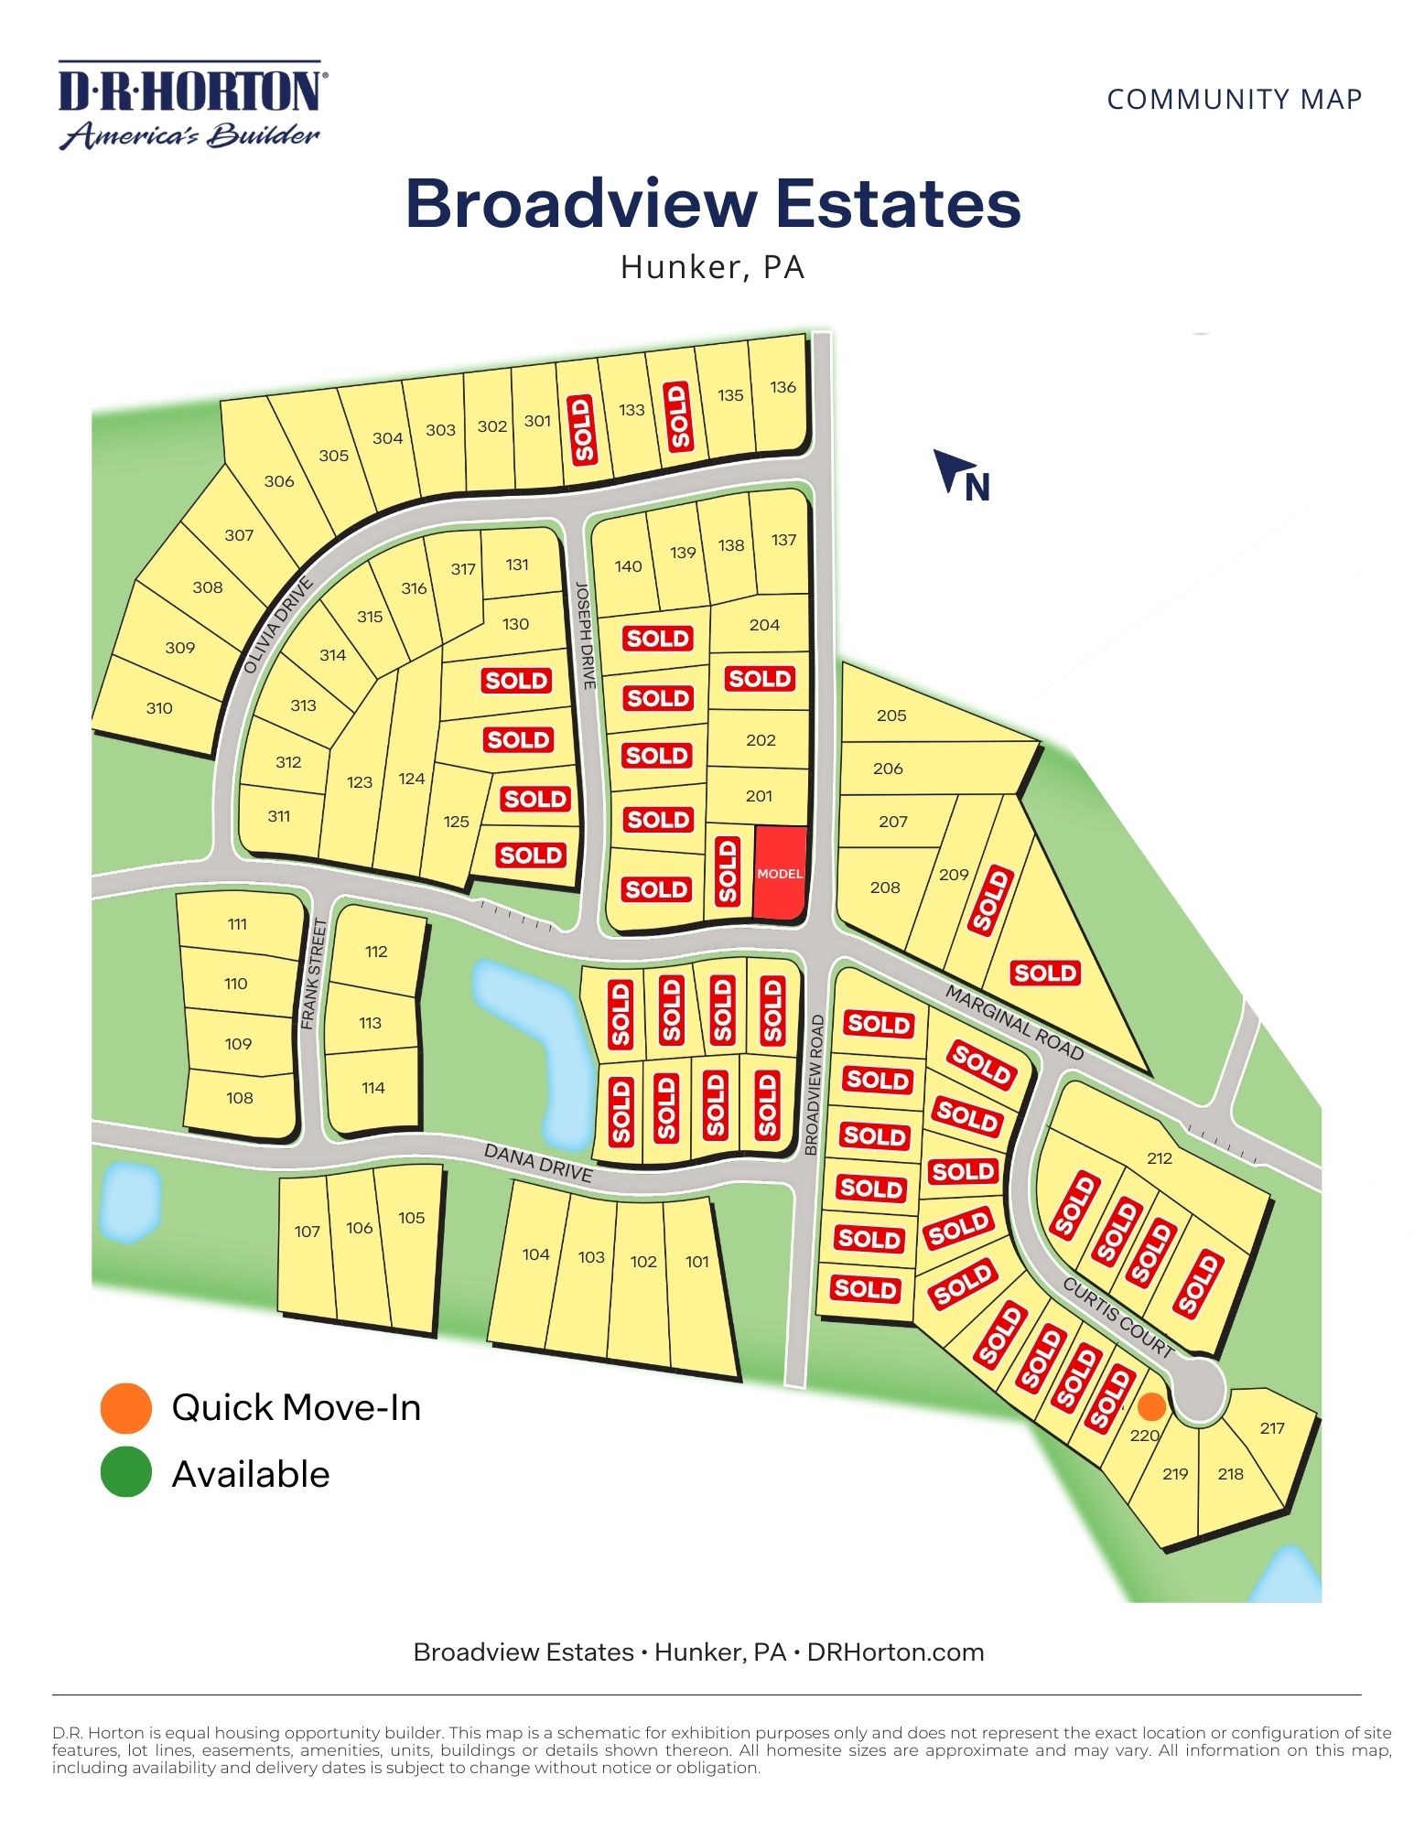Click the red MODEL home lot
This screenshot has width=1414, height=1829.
780,873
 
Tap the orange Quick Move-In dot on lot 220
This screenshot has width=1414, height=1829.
1151,1406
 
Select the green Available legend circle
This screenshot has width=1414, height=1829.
125,1472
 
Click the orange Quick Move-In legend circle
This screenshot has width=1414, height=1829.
125,1407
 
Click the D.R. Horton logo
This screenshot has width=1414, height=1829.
191,104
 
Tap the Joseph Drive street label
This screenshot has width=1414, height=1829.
586,635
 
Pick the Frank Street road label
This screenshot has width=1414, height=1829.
314,974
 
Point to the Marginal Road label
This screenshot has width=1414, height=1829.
1014,1023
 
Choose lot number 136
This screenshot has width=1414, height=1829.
783,387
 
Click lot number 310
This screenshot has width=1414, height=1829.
159,707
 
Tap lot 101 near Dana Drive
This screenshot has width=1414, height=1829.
697,1262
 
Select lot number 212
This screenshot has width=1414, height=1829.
1160,1157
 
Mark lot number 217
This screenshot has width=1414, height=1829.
1272,1427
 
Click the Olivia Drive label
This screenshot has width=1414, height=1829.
279,626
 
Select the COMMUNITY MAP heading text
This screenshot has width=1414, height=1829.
1234,99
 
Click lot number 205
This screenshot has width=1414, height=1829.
891,715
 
